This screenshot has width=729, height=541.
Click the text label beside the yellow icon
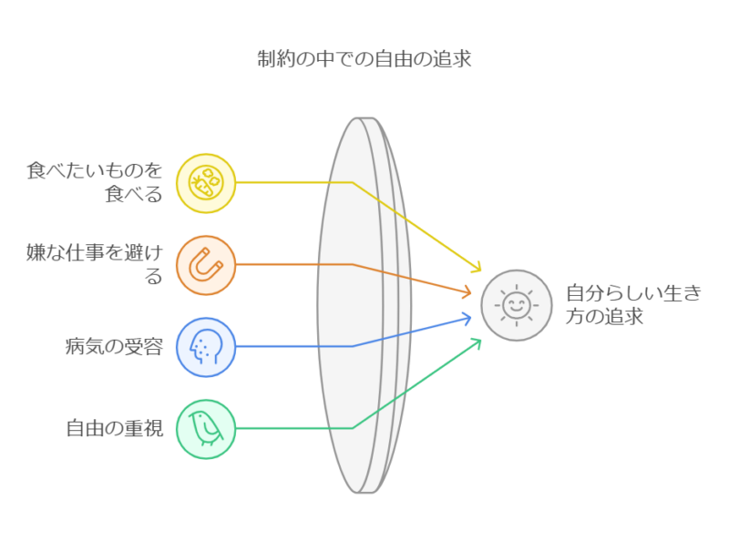pos(96,181)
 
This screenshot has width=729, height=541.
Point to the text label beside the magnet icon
pos(96,265)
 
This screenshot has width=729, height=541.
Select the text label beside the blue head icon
pos(114,347)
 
